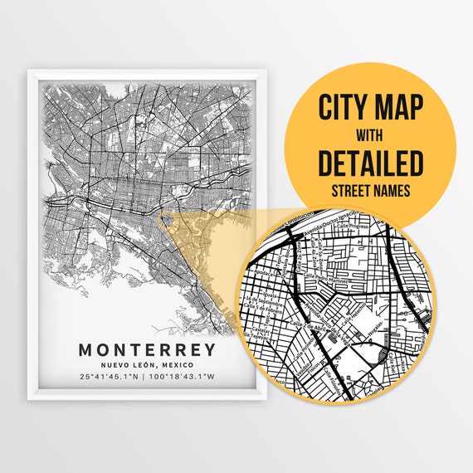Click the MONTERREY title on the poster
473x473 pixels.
[x=147, y=349]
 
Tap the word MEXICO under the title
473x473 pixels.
[x=177, y=366]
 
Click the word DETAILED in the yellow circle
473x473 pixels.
[x=370, y=162]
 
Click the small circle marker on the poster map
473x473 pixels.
[x=166, y=221]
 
